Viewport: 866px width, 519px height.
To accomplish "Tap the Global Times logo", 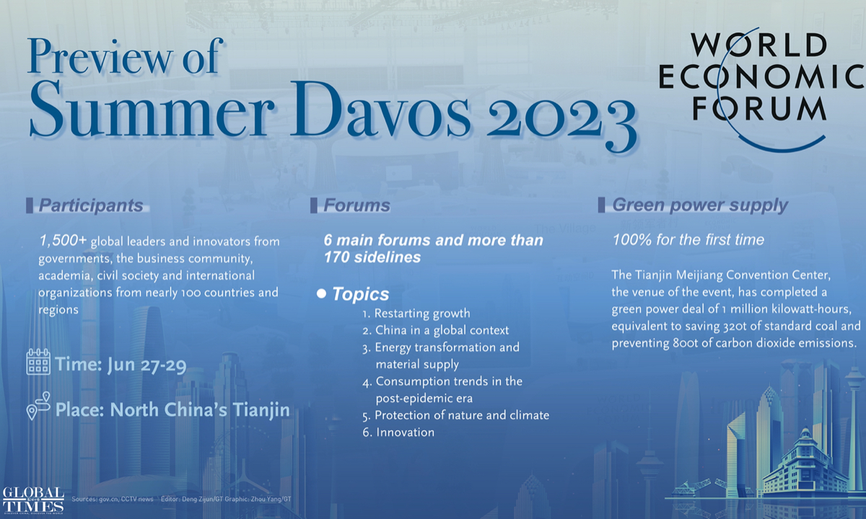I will click(32, 499).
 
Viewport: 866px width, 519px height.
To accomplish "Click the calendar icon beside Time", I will click(38, 363).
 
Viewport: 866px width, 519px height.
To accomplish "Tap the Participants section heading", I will click(91, 205).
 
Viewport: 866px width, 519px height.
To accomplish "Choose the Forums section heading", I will click(357, 205).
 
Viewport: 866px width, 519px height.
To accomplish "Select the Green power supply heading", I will click(699, 205).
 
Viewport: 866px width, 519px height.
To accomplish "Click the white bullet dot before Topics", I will click(322, 294).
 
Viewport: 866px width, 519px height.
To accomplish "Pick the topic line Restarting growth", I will click(416, 314).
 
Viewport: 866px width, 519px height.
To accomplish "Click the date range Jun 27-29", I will click(146, 365).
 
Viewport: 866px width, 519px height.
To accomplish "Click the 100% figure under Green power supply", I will click(629, 240).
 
